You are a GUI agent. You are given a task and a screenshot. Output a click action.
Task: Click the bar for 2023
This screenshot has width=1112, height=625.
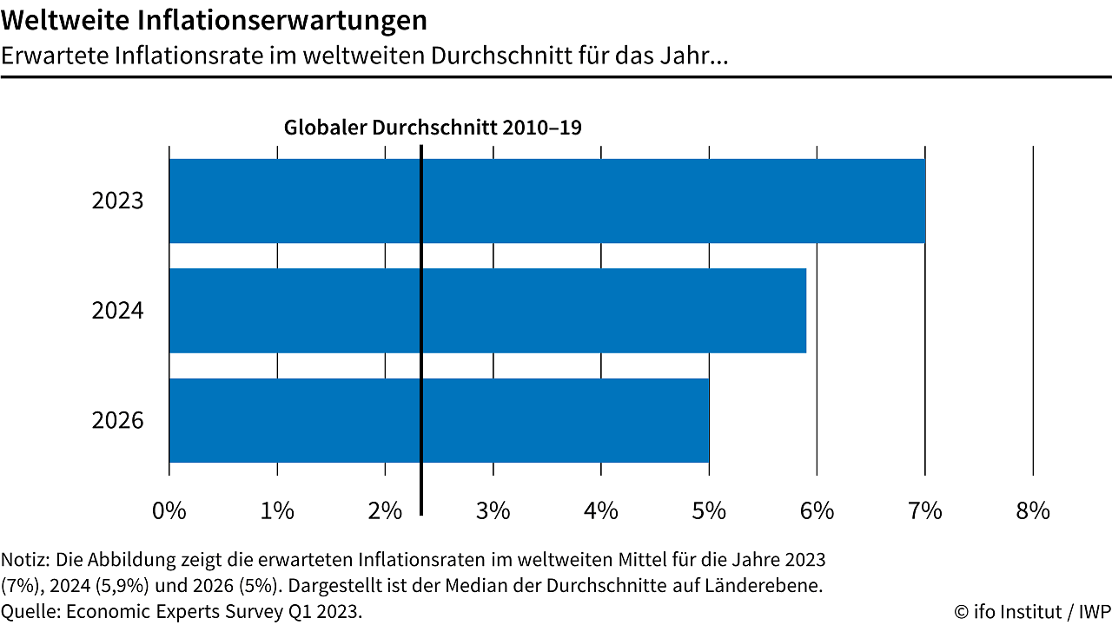(x=547, y=201)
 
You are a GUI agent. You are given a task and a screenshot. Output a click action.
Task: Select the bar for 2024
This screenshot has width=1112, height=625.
(x=487, y=311)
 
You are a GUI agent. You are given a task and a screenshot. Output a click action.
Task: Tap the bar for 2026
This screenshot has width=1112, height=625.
(x=439, y=420)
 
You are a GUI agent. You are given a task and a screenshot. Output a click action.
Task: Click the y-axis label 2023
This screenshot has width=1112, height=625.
(x=117, y=201)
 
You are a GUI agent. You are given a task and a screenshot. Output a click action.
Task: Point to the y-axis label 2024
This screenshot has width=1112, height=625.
(x=117, y=311)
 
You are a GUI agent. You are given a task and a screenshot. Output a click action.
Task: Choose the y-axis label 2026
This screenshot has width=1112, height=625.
(x=117, y=421)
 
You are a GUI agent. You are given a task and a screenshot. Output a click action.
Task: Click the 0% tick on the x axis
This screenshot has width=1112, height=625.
(x=169, y=510)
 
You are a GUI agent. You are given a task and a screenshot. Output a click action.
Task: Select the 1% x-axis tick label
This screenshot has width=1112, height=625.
(x=277, y=510)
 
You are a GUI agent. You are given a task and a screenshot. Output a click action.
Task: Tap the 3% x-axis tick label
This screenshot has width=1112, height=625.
(x=493, y=510)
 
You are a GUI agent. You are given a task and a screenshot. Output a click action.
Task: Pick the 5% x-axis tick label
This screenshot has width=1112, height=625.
(x=709, y=510)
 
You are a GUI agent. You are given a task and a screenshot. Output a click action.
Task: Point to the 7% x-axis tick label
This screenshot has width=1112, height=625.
(x=925, y=510)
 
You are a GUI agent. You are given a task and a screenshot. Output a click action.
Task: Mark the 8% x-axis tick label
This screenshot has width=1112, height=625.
(x=1033, y=510)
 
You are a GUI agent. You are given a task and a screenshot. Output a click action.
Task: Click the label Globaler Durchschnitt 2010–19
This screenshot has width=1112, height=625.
(x=433, y=128)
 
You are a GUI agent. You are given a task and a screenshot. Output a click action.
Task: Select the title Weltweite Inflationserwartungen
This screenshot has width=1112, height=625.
(x=214, y=19)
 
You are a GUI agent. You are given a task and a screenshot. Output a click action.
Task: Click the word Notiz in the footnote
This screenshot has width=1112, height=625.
(x=25, y=557)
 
